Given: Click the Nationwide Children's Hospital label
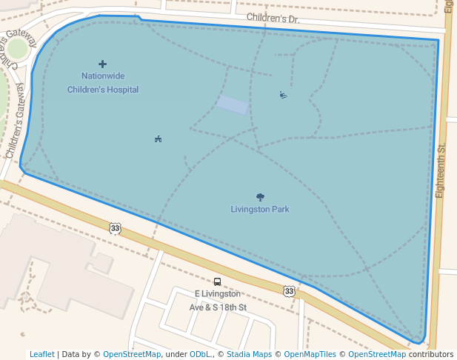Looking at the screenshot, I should pyautogui.click(x=102, y=82).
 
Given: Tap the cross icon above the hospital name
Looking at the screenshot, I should pyautogui.click(x=102, y=64).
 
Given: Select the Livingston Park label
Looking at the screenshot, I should pyautogui.click(x=259, y=209).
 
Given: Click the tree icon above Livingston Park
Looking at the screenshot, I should pyautogui.click(x=260, y=197).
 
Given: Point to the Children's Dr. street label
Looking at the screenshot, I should pyautogui.click(x=273, y=18).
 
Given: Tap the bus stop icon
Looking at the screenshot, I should pyautogui.click(x=217, y=281).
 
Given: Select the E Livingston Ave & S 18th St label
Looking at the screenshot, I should pyautogui.click(x=218, y=300).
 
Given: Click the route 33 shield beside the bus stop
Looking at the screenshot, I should pyautogui.click(x=289, y=291).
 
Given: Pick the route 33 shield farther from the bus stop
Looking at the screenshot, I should pyautogui.click(x=115, y=228).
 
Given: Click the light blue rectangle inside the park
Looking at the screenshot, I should pyautogui.click(x=233, y=104).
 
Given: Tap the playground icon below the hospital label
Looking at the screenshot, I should pyautogui.click(x=158, y=139).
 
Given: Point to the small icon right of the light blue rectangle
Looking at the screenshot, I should pyautogui.click(x=283, y=94).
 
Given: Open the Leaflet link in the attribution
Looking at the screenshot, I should pyautogui.click(x=41, y=355).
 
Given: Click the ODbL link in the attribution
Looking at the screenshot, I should pyautogui.click(x=201, y=355).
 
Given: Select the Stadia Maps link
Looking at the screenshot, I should pyautogui.click(x=250, y=355).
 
